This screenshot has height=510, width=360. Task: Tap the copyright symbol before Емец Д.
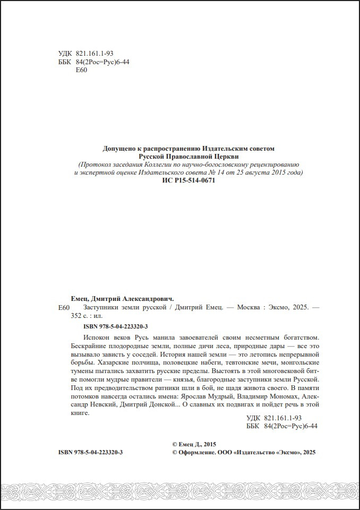(x=176, y=444)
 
